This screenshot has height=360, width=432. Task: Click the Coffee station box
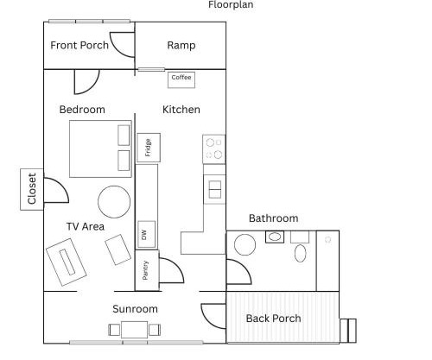[181, 79]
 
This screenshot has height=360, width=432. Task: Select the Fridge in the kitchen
[149, 148]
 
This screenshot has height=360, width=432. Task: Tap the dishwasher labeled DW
[147, 234]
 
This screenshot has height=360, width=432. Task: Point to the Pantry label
[145, 270]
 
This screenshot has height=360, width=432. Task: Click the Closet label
[32, 189]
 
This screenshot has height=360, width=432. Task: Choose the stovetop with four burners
[214, 149]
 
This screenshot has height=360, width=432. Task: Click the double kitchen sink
[215, 189]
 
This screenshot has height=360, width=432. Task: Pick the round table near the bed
[114, 202]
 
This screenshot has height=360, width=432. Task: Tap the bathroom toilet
[300, 253]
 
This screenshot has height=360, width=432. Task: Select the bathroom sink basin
[275, 237]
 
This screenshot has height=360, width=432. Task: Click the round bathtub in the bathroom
[245, 244]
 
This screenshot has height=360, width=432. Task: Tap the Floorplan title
[231, 4]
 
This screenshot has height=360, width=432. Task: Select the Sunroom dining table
[135, 330]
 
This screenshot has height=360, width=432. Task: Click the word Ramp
[181, 45]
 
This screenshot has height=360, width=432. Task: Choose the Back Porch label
[274, 319]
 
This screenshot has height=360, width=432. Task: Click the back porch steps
[348, 331]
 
